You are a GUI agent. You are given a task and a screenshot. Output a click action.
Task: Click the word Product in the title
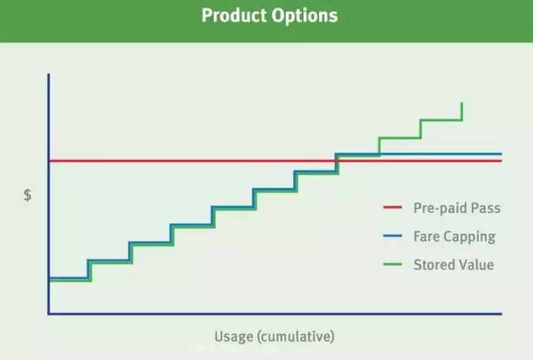click(x=235, y=15)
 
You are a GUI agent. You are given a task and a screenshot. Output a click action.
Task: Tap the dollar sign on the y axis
click(x=27, y=195)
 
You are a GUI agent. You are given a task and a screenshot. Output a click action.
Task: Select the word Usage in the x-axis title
click(x=234, y=336)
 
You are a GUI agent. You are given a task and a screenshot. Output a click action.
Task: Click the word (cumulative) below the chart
click(x=295, y=336)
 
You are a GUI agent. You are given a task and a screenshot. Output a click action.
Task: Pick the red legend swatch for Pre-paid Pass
click(x=393, y=207)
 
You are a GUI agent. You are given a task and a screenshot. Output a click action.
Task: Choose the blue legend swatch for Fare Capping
click(x=393, y=236)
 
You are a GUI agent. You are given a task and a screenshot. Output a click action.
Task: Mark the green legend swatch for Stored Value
click(x=393, y=264)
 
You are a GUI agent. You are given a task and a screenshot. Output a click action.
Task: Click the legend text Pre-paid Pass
click(x=457, y=209)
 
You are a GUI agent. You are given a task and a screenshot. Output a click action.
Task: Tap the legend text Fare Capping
click(x=455, y=237)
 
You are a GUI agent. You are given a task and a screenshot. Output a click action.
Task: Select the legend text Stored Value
click(x=454, y=265)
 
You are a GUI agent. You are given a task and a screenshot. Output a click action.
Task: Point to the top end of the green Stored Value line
click(x=461, y=103)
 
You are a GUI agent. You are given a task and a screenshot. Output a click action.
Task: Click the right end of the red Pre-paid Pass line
click(x=501, y=161)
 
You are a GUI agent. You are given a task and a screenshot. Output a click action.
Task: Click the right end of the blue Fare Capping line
click(x=501, y=154)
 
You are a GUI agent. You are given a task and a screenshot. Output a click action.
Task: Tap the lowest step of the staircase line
click(x=70, y=279)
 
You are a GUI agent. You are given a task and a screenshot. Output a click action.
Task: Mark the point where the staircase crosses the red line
click(x=337, y=161)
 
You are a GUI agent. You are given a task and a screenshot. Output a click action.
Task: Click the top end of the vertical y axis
click(x=49, y=75)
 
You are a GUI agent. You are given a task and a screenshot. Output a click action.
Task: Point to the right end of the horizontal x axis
click(x=501, y=314)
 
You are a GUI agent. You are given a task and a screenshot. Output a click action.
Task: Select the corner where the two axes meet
click(x=49, y=314)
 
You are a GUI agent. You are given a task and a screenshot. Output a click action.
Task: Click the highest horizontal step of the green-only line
click(x=441, y=120)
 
